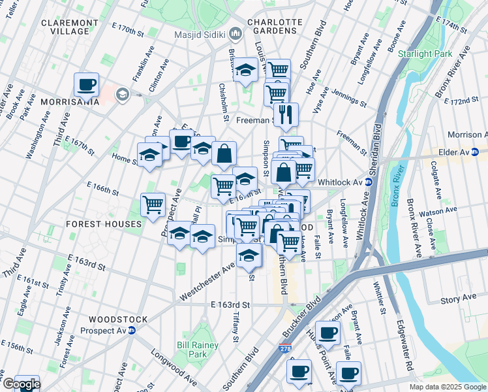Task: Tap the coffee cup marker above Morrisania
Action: tap(86, 84)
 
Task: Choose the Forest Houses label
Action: tap(104, 224)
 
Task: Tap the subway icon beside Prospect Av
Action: tap(131, 330)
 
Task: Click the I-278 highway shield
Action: tap(284, 349)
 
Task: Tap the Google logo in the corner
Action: tap(21, 384)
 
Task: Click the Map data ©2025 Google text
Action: tap(447, 387)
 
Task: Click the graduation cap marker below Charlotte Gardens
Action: tap(245, 71)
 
